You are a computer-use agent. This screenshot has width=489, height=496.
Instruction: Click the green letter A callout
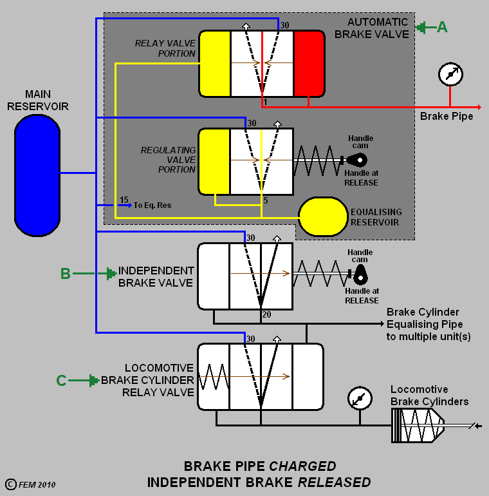tap(441, 27)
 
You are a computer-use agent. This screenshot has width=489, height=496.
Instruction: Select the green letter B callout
tap(65, 274)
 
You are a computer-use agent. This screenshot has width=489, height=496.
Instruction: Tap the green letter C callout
tap(61, 381)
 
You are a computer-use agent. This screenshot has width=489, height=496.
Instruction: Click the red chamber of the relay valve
tap(308, 64)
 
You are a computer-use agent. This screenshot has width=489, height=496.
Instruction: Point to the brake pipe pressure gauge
tap(450, 74)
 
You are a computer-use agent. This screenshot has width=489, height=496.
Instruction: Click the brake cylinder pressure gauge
tap(358, 398)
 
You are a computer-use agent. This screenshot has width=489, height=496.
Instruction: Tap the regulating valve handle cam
tap(357, 160)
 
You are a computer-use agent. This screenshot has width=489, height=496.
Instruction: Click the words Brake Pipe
tap(447, 117)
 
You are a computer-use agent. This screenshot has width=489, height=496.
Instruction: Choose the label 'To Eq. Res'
tap(152, 205)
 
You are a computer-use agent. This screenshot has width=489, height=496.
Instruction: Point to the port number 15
tap(124, 200)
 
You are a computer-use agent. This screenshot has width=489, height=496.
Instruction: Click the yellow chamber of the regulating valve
tap(214, 161)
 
